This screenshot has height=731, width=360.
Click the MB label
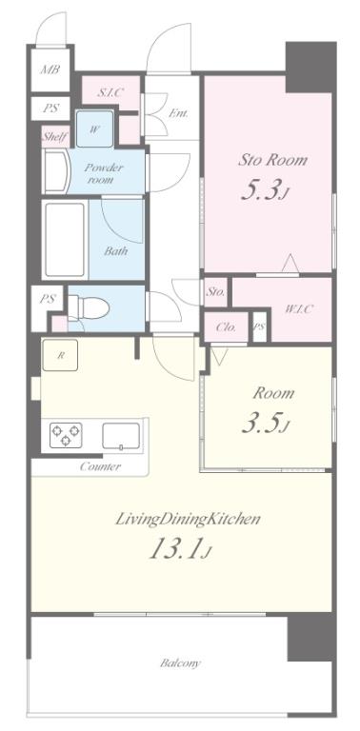coord(50,69)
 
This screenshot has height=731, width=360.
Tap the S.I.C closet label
coord(110,92)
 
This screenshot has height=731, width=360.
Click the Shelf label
coord(55,137)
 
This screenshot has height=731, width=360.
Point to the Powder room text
coord(103,173)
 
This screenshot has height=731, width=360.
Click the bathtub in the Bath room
coord(65,240)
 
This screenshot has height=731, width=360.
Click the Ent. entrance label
coord(178,113)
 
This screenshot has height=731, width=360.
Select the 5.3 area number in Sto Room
coord(262,189)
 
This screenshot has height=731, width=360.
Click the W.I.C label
coord(298,308)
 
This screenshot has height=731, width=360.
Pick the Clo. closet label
coord(226,327)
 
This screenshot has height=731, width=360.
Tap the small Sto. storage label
coord(215,292)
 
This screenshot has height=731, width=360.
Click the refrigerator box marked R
coord(60,355)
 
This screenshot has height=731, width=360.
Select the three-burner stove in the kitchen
coord(66,435)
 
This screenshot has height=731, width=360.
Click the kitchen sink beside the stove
coord(121,436)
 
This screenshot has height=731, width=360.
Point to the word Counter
coord(100,466)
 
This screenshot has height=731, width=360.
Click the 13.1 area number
coord(180,549)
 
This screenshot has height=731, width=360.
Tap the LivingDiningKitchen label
coord(187,519)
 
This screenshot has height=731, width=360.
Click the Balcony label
coord(180,662)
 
